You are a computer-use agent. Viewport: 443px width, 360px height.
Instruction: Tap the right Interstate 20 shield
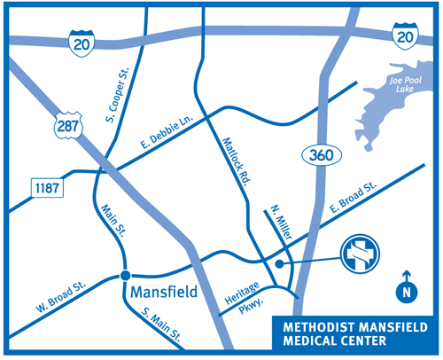(403, 36)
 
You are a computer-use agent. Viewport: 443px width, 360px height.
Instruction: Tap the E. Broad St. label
(354, 198)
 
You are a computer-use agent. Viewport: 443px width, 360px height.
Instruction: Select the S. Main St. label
(161, 325)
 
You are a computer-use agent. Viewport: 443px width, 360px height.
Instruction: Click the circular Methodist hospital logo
(361, 256)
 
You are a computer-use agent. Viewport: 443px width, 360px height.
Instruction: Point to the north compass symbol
(406, 289)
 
